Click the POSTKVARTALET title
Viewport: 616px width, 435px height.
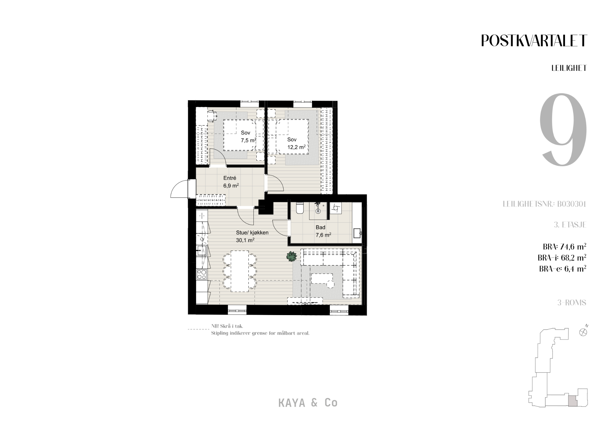pyautogui.click(x=534, y=41)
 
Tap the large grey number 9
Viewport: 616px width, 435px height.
pyautogui.click(x=563, y=130)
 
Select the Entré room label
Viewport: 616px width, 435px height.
pyautogui.click(x=230, y=178)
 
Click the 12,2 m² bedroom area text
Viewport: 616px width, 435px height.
pyautogui.click(x=296, y=147)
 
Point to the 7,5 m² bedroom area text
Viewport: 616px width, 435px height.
pyautogui.click(x=248, y=140)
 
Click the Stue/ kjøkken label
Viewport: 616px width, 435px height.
pyautogui.click(x=252, y=233)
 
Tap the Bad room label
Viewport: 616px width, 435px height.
pyautogui.click(x=320, y=227)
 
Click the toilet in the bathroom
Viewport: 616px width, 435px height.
pyautogui.click(x=299, y=208)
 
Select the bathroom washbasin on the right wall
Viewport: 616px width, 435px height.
pyautogui.click(x=357, y=233)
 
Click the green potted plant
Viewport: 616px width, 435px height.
pyautogui.click(x=292, y=256)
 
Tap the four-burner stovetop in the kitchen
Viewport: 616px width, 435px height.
pyautogui.click(x=202, y=274)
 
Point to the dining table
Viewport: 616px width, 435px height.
pyautogui.click(x=239, y=271)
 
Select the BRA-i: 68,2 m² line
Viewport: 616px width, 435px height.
pyautogui.click(x=562, y=258)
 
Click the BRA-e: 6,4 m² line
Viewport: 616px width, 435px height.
pyautogui.click(x=563, y=269)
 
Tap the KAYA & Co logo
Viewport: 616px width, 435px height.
pyautogui.click(x=308, y=403)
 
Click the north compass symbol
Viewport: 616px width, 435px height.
pyautogui.click(x=583, y=332)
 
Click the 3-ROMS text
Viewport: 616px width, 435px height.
pyautogui.click(x=572, y=303)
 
